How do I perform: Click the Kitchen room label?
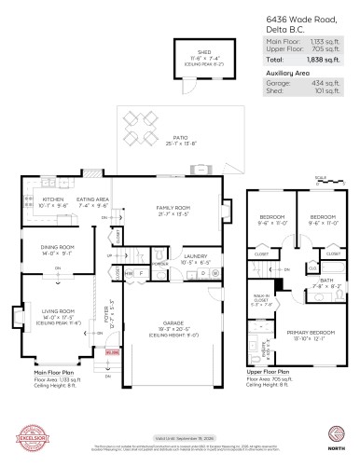point(53,199)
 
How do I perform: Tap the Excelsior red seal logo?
point(22,439)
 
